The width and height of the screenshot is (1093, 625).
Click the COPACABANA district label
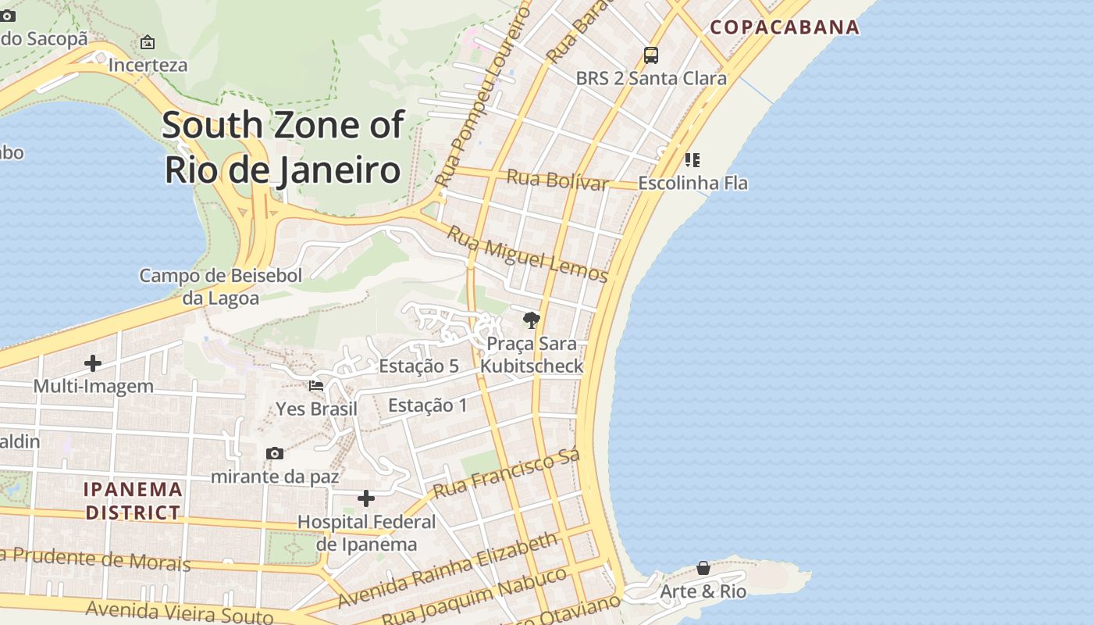click(x=785, y=27)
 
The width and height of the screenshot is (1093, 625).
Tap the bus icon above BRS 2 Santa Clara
click(x=650, y=55)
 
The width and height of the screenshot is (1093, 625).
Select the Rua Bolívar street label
click(x=557, y=180)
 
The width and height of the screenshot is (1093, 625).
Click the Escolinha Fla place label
click(x=692, y=183)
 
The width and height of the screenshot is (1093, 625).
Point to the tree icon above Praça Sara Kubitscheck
click(x=532, y=320)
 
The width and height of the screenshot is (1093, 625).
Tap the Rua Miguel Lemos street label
click(x=527, y=253)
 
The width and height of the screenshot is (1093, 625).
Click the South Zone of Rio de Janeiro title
click(x=283, y=147)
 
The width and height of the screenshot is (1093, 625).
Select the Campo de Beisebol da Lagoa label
click(x=220, y=286)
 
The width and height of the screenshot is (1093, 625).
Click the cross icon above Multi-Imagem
click(x=93, y=363)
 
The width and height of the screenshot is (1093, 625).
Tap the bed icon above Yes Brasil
click(x=316, y=386)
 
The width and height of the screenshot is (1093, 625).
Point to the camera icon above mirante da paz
click(x=275, y=453)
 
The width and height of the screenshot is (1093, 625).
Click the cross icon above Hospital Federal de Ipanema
click(x=366, y=498)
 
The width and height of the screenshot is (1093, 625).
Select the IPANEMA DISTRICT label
click(x=133, y=501)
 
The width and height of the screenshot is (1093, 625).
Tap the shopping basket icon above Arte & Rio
click(x=703, y=568)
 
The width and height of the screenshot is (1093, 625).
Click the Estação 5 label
click(x=418, y=366)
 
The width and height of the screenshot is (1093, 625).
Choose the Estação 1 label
click(x=428, y=405)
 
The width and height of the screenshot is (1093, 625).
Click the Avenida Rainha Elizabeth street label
click(x=448, y=570)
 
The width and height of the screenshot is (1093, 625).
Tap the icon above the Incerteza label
click(x=148, y=42)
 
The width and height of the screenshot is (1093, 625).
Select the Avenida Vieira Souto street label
click(x=180, y=612)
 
